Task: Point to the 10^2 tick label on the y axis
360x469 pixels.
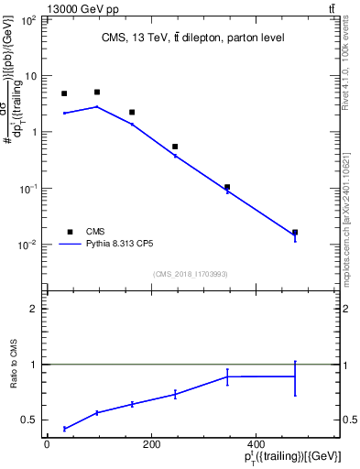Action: coord(27,19)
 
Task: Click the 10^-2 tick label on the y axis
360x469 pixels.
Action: coord(27,245)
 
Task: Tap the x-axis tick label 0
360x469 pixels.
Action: coord(47,444)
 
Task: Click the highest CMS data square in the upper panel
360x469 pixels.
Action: coord(97,92)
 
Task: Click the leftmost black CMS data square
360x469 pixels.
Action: coord(64,93)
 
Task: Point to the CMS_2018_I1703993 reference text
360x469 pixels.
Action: coord(191,273)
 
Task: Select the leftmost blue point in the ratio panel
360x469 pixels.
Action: coord(64,429)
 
